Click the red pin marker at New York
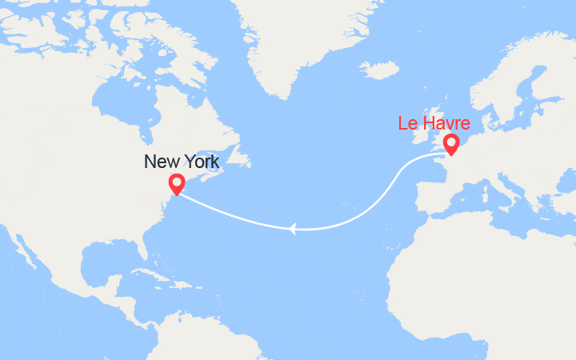176,183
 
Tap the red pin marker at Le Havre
451,143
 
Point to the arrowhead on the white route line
293,230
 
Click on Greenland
304,40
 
